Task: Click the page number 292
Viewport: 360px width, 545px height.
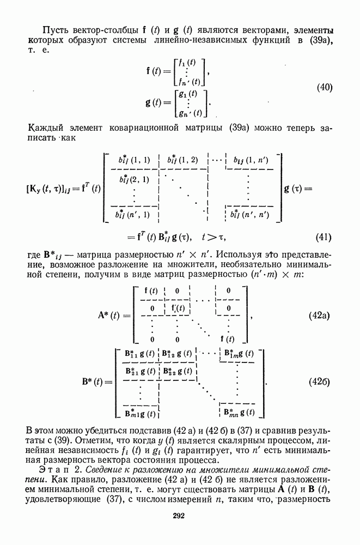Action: click(179, 516)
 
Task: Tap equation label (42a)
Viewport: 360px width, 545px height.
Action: click(321, 316)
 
